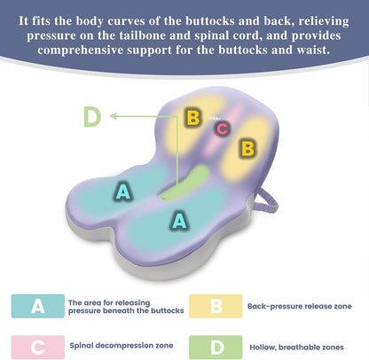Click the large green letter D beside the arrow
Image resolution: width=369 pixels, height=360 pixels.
[92, 116]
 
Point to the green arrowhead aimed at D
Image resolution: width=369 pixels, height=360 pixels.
[114, 116]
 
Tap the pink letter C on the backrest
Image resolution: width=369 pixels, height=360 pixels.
[223, 129]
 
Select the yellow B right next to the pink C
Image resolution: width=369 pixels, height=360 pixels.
[193, 117]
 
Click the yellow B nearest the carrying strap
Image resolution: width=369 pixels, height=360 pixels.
[247, 148]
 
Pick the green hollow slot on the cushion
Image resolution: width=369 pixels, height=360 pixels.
[184, 183]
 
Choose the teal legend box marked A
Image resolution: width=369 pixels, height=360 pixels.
[38, 306]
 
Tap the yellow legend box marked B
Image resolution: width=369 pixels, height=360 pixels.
[216, 306]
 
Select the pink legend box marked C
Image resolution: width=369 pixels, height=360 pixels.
[38, 347]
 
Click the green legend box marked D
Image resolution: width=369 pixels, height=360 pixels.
[216, 348]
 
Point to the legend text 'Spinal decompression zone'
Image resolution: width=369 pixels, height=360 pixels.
[122, 346]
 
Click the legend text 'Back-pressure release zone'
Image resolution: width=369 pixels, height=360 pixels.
[300, 306]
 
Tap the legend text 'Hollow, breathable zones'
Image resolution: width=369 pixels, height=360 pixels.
[296, 348]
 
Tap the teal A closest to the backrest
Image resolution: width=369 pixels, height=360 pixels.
[123, 192]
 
